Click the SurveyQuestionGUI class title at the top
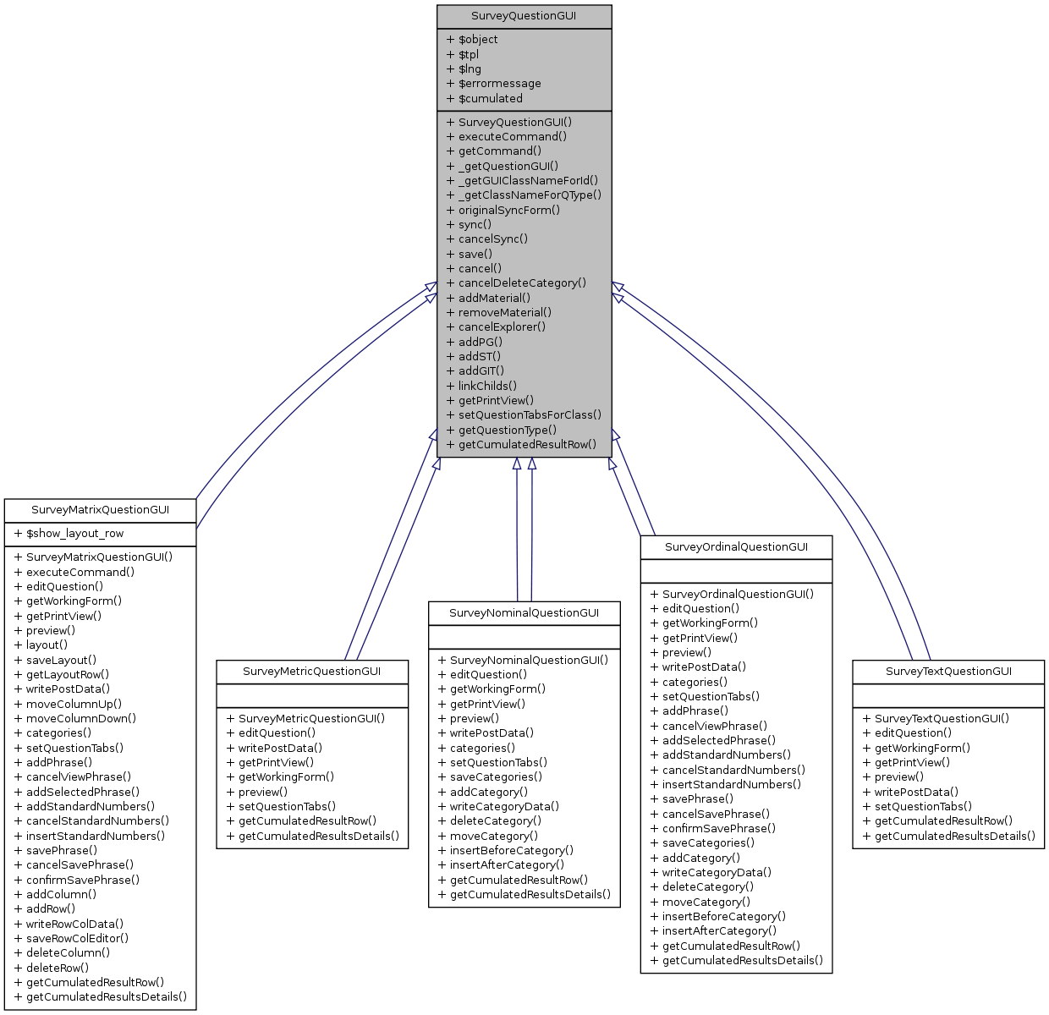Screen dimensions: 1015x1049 (x=524, y=16)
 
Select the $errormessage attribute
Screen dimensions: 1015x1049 (x=499, y=84)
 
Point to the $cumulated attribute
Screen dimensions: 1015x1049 (x=490, y=98)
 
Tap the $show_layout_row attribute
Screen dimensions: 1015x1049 (x=74, y=534)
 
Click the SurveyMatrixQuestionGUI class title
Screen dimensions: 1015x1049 (x=100, y=510)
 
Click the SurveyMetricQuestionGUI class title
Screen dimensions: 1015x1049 (x=312, y=672)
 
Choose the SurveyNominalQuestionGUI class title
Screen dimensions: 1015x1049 (x=524, y=613)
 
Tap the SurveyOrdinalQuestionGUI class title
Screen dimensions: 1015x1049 (x=736, y=547)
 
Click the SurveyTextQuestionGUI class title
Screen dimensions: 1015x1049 (x=948, y=672)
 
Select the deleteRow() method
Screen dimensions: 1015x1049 (x=57, y=968)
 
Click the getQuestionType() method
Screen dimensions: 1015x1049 (x=507, y=430)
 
